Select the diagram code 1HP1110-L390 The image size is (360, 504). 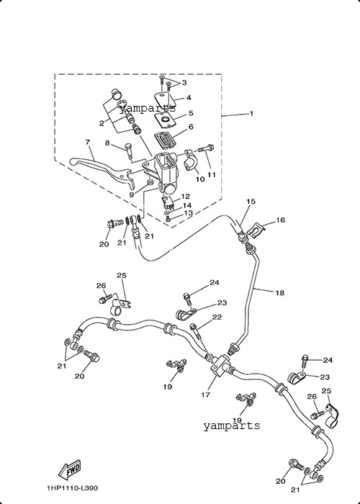point(73,488)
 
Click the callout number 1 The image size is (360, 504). point(251,114)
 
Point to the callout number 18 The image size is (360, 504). point(280,293)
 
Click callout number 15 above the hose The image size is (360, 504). point(251,202)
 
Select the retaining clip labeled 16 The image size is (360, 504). point(256,231)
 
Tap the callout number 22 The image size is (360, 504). point(217,318)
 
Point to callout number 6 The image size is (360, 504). point(191,127)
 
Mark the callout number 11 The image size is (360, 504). point(212,174)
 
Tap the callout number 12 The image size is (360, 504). point(186,197)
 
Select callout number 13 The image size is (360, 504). point(188,213)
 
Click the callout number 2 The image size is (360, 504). point(102,123)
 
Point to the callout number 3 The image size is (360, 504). point(184,83)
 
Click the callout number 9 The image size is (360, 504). point(131,194)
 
